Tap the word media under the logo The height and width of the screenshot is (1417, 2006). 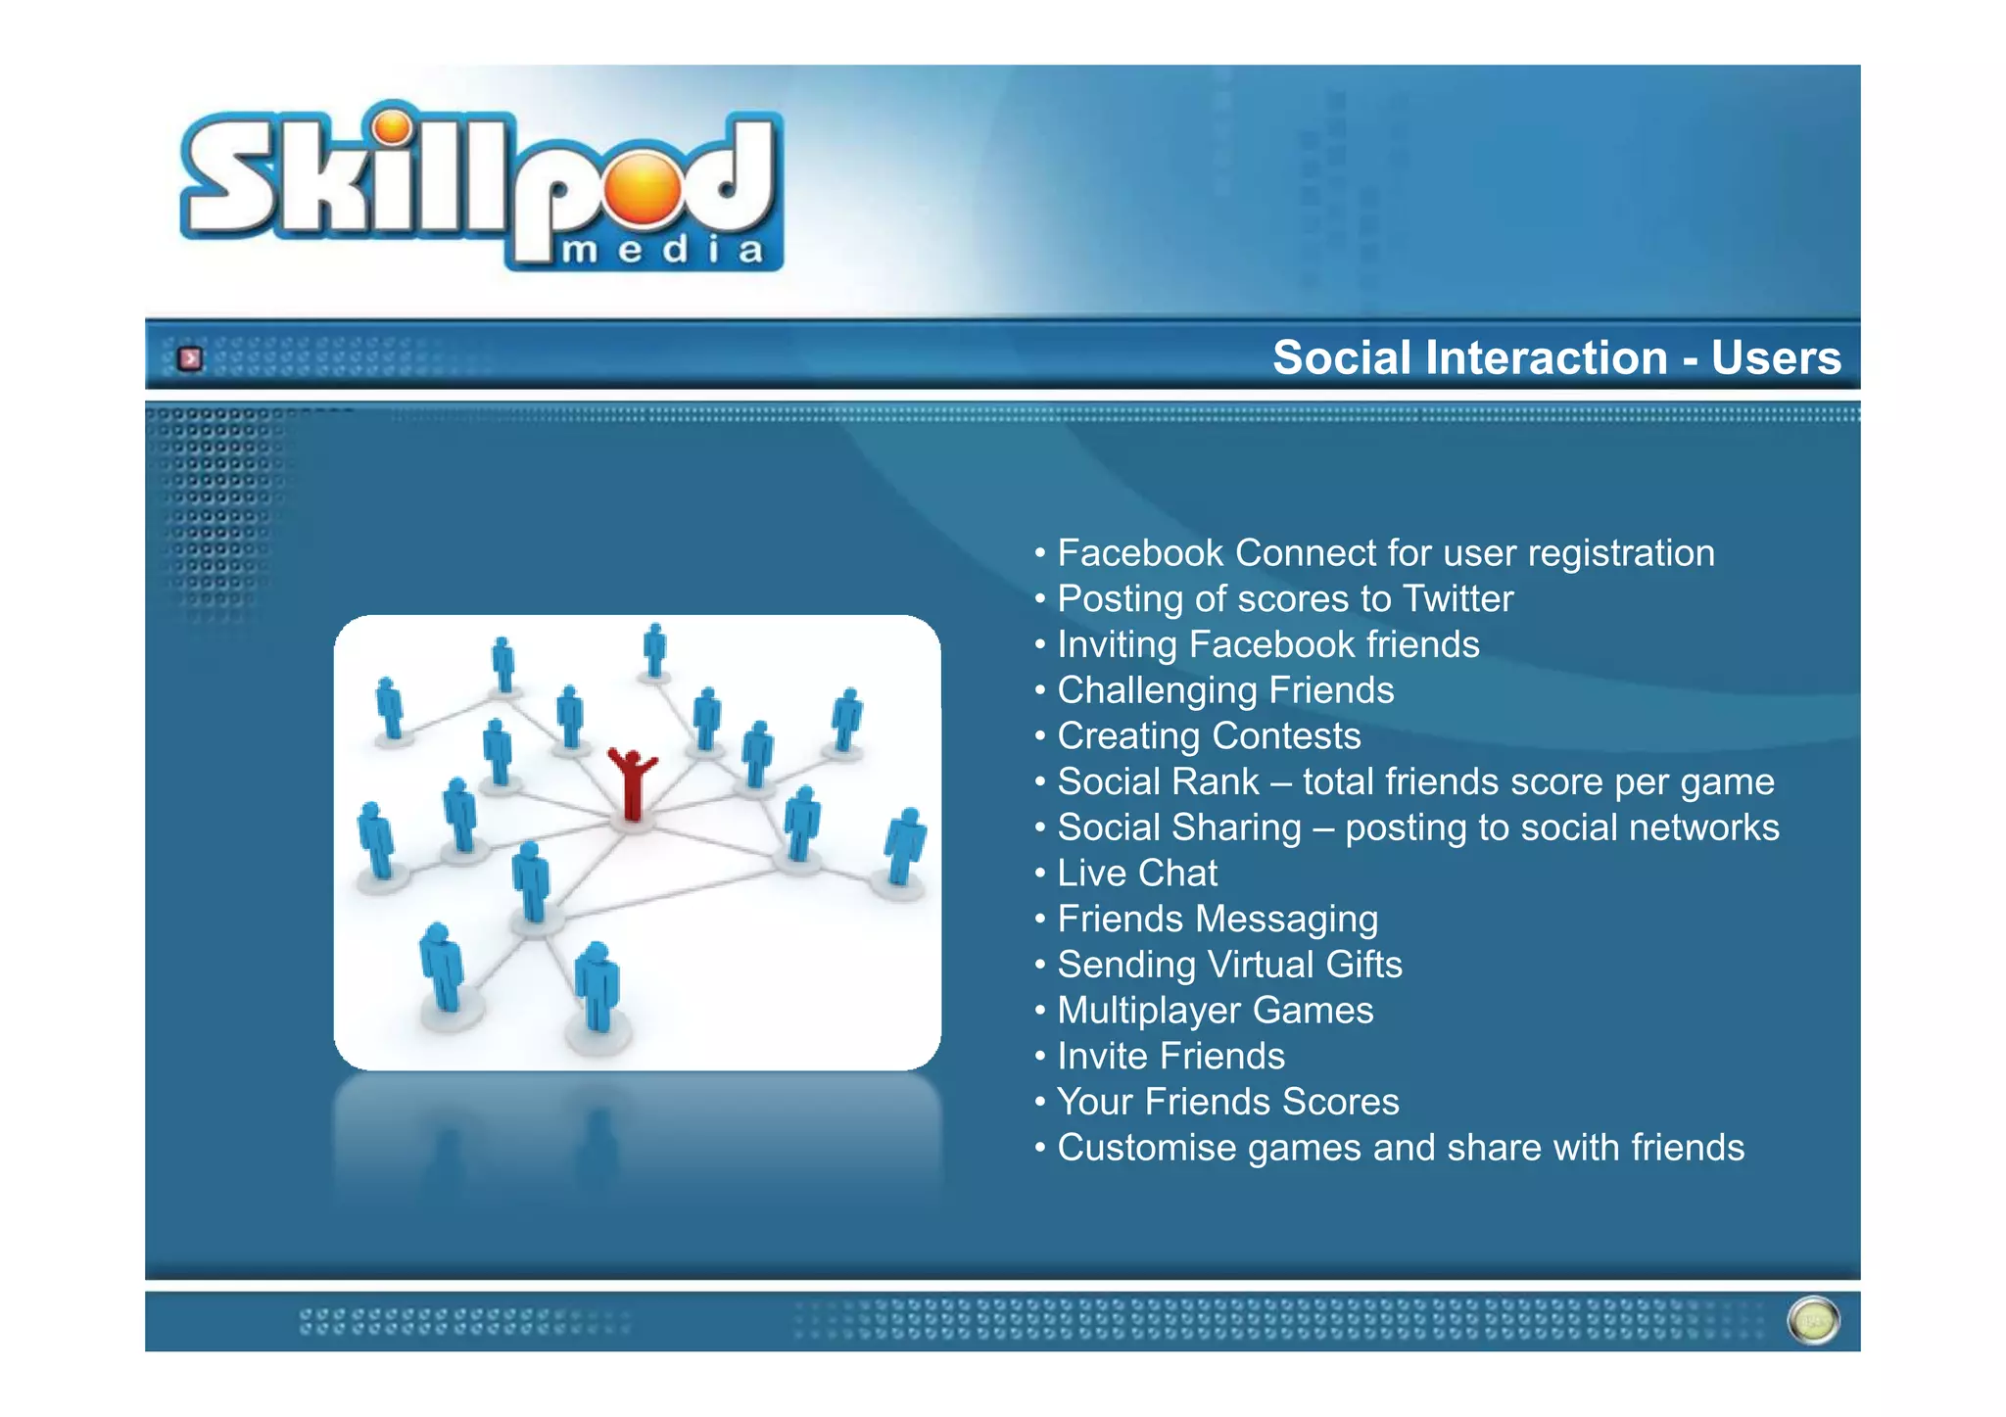point(662,251)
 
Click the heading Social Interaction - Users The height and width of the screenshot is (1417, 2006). point(1555,357)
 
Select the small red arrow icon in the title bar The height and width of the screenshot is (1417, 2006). point(190,359)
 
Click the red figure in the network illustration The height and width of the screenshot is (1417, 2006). point(632,783)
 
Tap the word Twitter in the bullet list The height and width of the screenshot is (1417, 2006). point(1457,599)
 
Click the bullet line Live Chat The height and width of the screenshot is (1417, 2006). point(1136,874)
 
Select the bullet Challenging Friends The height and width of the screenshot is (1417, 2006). point(1224,690)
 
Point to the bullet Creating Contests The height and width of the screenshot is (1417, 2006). point(1208,736)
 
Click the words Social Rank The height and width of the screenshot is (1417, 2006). point(1157,782)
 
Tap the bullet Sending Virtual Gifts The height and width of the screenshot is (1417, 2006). point(1228,966)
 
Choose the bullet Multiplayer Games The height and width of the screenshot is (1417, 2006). point(1215,1011)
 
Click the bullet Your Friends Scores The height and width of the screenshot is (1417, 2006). point(1227,1103)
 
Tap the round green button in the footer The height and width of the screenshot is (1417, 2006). point(1813,1321)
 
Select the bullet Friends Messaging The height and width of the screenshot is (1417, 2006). point(1217,920)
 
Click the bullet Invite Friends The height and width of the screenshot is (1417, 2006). point(1170,1057)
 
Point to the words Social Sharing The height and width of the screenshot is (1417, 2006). point(1178,828)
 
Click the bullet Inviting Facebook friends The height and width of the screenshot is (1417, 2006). point(1267,645)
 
